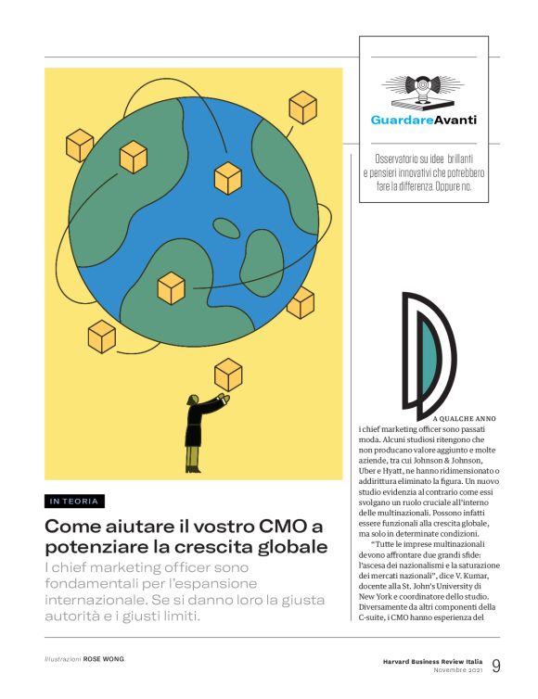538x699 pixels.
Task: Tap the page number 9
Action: coord(496,666)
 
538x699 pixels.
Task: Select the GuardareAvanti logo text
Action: coord(422,121)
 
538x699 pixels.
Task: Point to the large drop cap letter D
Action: coord(429,354)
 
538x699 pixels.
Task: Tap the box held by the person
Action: coord(227,375)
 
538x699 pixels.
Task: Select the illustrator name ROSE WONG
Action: coord(103,659)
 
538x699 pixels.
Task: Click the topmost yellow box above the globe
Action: coord(302,107)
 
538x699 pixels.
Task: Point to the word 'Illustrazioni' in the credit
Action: coord(63,659)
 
